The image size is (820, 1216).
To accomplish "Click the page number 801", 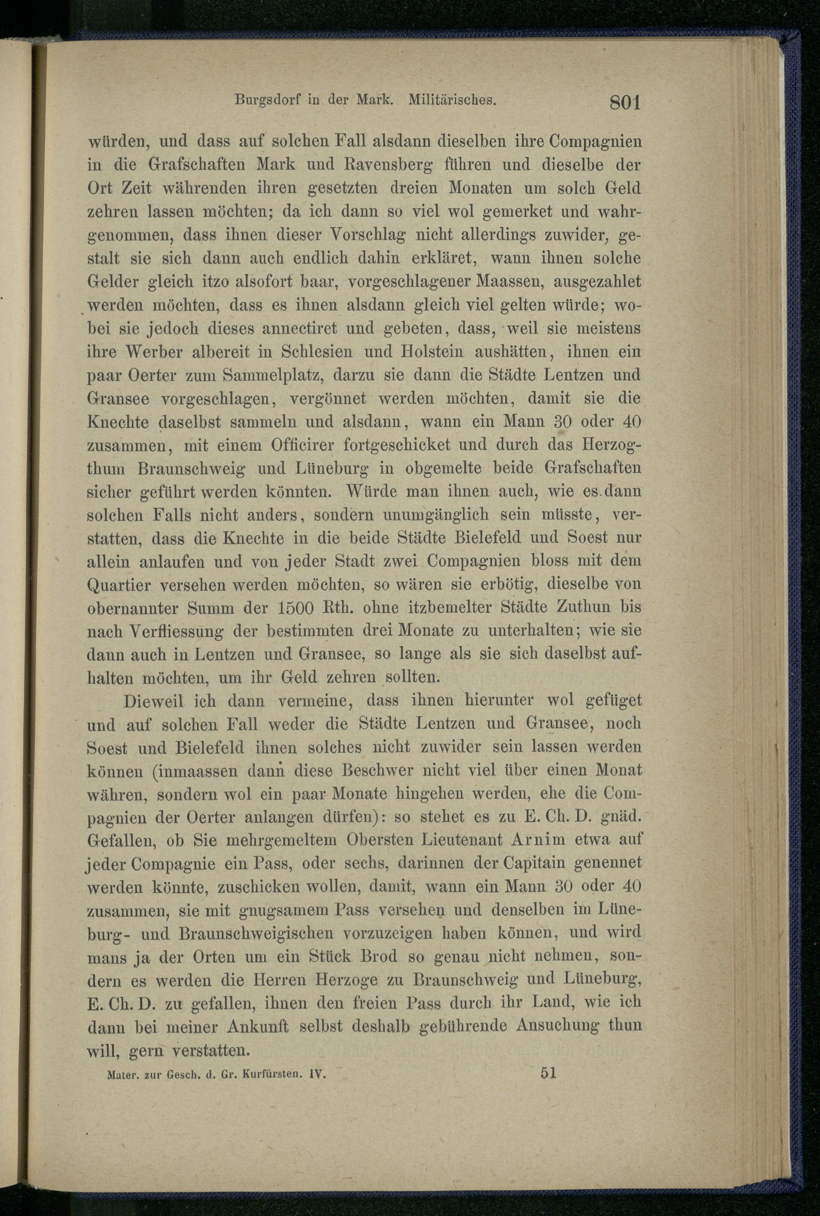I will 625,102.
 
